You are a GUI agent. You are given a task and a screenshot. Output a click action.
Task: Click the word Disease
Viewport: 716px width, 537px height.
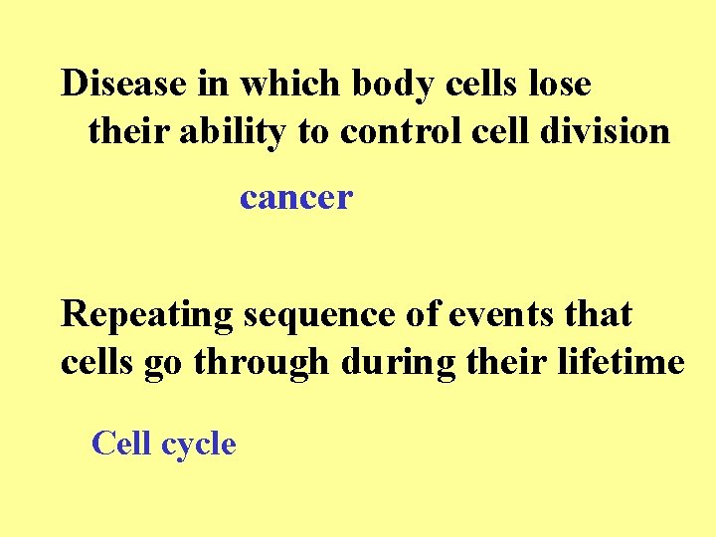[x=125, y=84]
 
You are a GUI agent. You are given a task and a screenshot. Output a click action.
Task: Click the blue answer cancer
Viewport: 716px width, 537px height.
[x=296, y=198]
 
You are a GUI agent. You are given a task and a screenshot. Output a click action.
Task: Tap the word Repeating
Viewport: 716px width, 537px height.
[x=146, y=314]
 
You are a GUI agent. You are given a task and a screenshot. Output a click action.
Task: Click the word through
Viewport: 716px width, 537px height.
[x=262, y=363]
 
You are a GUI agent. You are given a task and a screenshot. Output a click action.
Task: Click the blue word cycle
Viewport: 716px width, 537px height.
[x=198, y=445]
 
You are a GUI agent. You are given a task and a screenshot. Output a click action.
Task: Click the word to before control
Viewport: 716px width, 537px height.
[x=313, y=131]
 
